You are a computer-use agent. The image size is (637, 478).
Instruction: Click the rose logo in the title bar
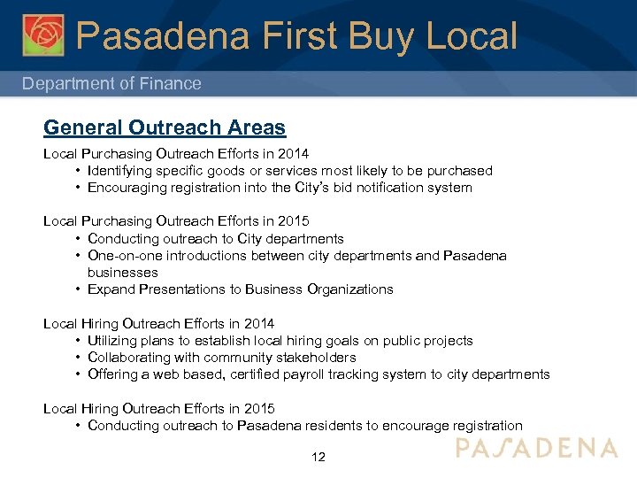(43, 35)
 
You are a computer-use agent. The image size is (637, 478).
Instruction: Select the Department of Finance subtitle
(111, 83)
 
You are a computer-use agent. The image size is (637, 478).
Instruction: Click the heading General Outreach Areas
(165, 127)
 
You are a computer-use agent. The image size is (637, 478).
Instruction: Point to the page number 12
(318, 457)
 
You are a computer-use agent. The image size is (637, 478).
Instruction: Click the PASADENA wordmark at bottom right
(536, 448)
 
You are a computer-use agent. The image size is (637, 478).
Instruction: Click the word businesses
(123, 273)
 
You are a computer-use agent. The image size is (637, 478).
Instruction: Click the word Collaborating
(131, 358)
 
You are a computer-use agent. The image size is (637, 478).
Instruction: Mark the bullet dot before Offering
(79, 374)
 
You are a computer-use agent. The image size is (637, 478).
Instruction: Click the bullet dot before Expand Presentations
(79, 289)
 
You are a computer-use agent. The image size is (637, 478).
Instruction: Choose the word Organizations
(349, 289)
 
